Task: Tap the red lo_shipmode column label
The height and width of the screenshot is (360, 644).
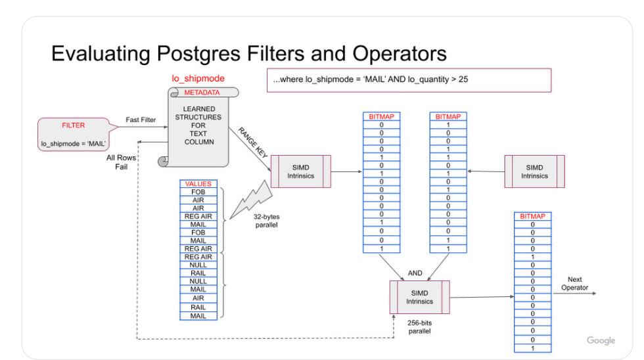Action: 198,78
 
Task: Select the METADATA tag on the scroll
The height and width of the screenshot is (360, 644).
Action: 202,93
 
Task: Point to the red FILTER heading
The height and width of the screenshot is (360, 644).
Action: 73,125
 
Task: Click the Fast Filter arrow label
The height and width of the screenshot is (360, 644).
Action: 141,120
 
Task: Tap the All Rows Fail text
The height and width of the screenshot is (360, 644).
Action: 122,162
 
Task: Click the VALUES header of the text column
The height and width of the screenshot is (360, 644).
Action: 198,184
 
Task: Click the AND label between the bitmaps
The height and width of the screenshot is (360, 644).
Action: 415,272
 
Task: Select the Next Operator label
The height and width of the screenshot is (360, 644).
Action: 574,284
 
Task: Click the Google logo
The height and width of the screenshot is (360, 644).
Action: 601,340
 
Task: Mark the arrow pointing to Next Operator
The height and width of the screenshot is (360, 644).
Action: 574,293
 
